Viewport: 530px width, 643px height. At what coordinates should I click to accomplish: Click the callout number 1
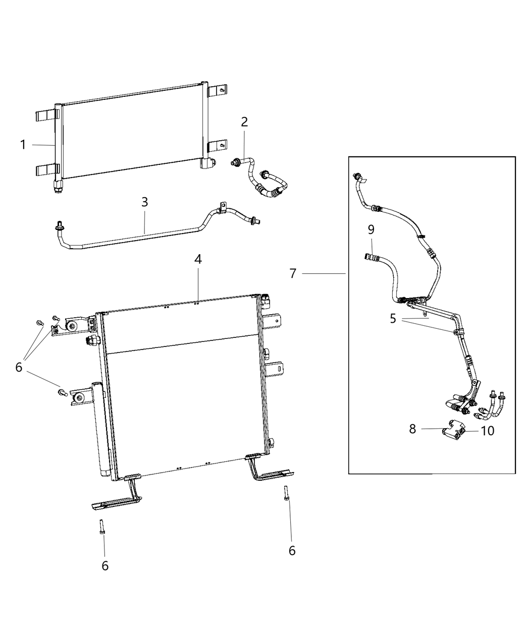point(23,145)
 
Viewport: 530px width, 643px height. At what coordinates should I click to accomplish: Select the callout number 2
point(244,122)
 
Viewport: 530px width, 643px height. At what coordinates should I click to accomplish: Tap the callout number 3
point(145,202)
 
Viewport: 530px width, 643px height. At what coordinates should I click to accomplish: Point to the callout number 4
point(198,259)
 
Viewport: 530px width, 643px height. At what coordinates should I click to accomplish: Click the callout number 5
point(393,319)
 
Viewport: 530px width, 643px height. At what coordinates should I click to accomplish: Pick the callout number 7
point(293,273)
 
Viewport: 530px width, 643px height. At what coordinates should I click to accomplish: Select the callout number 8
point(412,429)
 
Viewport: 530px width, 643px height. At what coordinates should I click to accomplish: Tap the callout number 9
point(371,230)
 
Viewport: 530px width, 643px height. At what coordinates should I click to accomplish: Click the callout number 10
point(488,431)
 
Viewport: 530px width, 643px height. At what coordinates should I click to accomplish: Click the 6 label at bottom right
point(292,551)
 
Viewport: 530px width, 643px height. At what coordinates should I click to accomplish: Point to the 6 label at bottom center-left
point(105,566)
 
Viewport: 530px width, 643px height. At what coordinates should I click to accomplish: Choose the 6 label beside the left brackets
point(19,367)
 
